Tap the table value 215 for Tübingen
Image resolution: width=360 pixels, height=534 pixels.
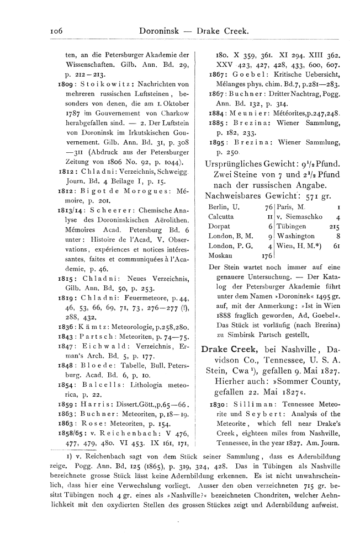333,226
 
